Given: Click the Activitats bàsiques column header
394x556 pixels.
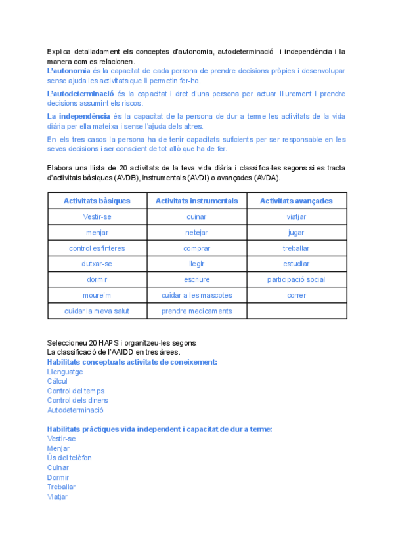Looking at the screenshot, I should point(97,201).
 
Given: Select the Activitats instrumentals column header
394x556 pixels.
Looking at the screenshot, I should point(196,201).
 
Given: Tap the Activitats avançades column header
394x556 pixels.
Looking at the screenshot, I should point(296,201).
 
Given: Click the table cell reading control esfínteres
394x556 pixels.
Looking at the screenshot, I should point(97,248).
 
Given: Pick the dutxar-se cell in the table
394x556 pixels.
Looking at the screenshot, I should point(97,264).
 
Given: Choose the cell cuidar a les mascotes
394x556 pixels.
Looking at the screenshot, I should point(196,295).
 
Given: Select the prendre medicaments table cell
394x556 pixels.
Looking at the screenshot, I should point(196,311).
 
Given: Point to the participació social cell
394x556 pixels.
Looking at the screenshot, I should point(296,279).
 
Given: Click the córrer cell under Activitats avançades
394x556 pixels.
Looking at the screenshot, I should point(296,295).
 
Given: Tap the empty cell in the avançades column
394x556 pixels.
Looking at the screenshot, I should point(296,311).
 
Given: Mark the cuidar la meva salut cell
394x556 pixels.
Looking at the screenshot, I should point(97,311).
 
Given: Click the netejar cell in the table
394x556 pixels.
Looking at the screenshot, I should point(196,232).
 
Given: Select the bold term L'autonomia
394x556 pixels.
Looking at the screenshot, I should point(69,71).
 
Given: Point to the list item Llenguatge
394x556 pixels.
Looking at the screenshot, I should point(65,372).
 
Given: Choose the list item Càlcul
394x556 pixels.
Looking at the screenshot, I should point(57,381).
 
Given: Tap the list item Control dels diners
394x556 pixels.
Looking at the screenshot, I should point(77,401).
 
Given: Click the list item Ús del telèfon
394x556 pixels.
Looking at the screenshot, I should point(70,458).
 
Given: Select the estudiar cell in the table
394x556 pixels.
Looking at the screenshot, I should point(296,264).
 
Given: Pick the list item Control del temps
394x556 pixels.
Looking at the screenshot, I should point(76,391).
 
